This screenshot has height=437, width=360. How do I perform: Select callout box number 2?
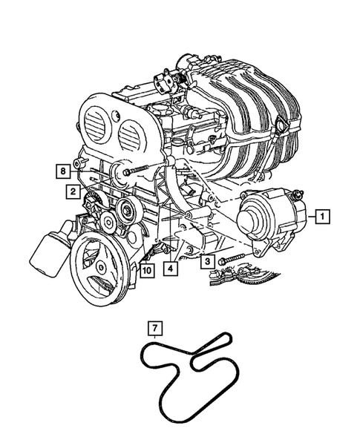click(72, 191)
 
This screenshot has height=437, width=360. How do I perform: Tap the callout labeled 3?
click(208, 262)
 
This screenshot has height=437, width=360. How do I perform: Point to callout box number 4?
click(171, 269)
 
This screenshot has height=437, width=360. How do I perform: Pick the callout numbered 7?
click(154, 327)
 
